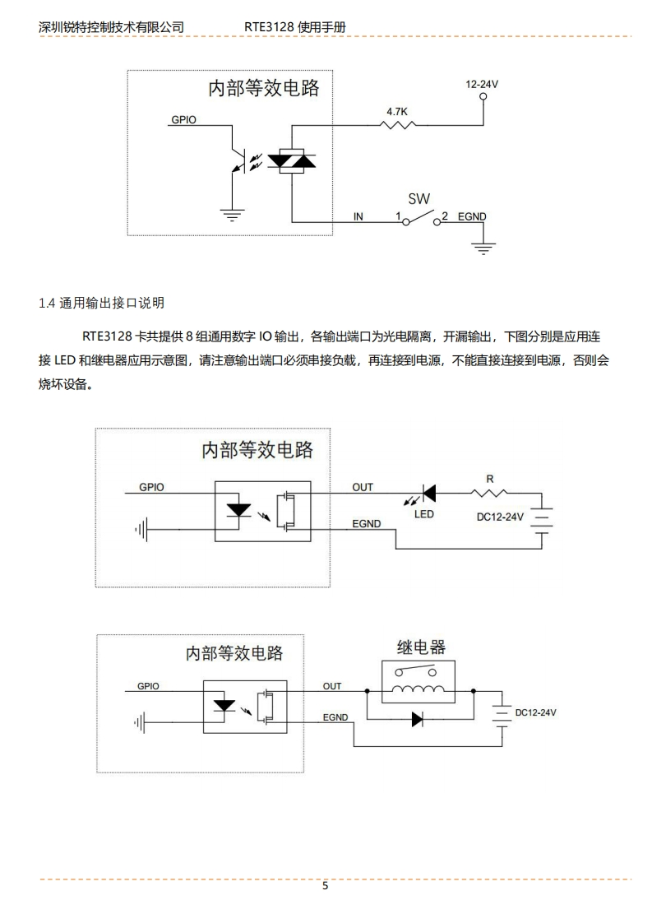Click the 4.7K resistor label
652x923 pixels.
398,110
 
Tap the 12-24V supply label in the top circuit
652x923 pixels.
482,84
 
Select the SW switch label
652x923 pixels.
418,199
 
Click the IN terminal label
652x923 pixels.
358,216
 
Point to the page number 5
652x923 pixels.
326,886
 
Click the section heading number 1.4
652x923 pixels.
47,303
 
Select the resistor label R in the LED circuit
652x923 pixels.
490,479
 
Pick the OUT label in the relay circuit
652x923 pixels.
332,686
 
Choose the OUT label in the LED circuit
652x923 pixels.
363,487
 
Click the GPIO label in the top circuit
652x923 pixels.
183,119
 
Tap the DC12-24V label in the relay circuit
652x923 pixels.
536,712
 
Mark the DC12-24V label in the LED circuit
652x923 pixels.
500,517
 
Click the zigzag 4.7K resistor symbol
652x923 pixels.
398,125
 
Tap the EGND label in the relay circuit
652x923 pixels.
335,717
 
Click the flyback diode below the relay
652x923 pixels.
417,719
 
